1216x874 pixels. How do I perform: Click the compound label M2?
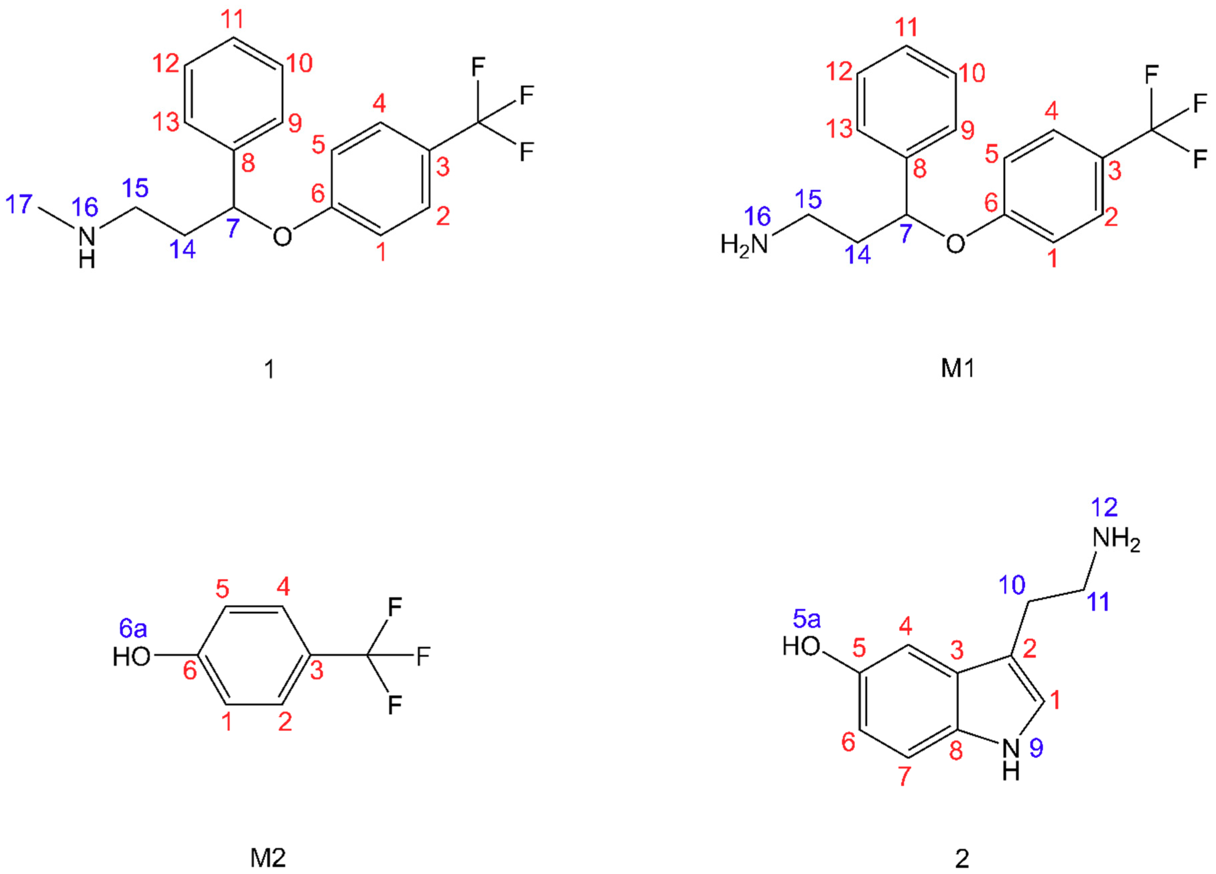pos(268,858)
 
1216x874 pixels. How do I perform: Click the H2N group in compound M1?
pos(744,245)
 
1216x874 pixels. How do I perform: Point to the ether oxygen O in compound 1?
pos(282,236)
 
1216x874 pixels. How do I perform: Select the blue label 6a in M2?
pos(133,628)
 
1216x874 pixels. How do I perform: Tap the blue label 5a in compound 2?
pos(807,620)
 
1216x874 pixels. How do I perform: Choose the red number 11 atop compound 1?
pos(233,20)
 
